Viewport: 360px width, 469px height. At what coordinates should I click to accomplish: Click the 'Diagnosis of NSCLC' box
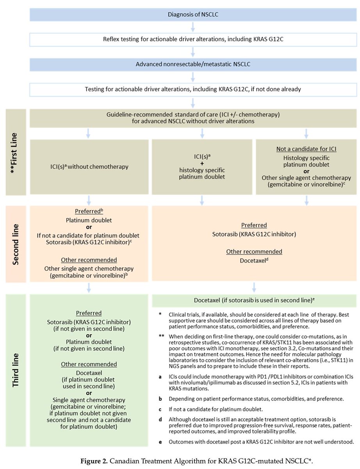tap(193, 15)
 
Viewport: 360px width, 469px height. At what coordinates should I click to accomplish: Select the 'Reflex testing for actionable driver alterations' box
tap(193, 39)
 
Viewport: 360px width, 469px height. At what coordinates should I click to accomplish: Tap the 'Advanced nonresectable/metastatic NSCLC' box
tap(193, 64)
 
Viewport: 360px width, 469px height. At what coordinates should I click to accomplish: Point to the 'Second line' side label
tap(15, 244)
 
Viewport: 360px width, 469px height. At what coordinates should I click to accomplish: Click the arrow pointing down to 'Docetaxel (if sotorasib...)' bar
tap(254, 287)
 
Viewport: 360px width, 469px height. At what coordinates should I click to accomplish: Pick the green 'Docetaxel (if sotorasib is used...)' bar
tap(254, 300)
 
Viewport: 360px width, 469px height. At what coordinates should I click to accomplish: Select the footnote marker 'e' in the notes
tap(160, 442)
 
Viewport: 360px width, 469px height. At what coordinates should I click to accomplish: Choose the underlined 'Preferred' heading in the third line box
tap(89, 313)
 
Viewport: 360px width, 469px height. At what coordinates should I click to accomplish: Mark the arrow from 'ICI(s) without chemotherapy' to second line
tap(89, 200)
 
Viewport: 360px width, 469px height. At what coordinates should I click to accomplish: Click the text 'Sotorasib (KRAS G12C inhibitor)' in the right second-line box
tap(255, 234)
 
